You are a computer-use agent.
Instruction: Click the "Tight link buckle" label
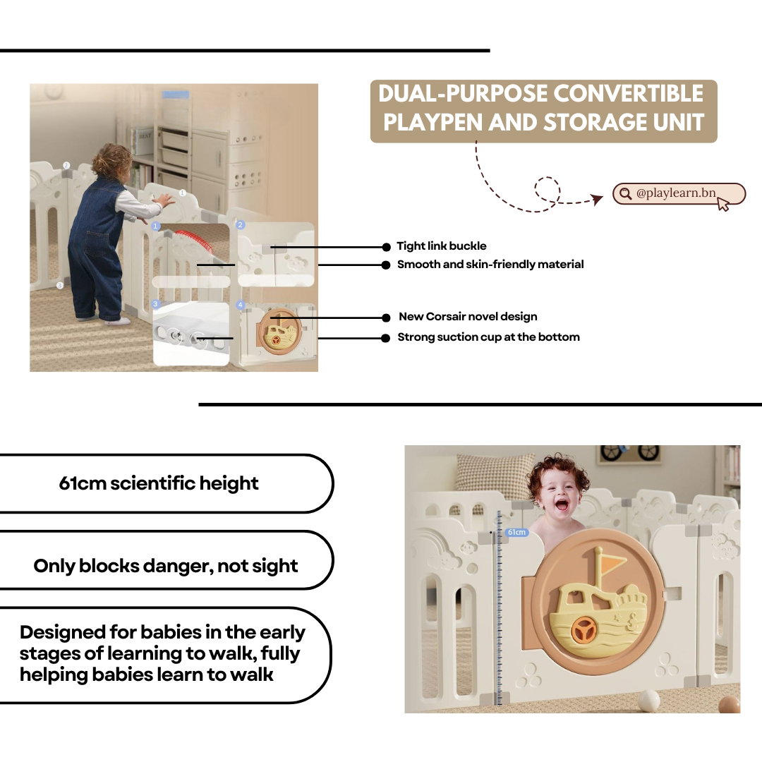click(441, 246)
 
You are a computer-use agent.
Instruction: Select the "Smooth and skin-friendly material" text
click(490, 265)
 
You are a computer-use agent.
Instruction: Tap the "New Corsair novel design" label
click(468, 317)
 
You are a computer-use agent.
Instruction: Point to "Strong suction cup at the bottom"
click(488, 337)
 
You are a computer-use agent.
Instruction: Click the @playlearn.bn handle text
click(675, 193)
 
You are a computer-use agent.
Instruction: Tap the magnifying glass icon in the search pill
click(625, 193)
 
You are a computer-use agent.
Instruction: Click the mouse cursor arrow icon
click(723, 204)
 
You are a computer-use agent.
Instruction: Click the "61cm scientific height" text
click(159, 483)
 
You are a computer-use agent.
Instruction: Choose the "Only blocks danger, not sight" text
click(166, 566)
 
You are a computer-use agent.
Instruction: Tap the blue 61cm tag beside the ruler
click(516, 532)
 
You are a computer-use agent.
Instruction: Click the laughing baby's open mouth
click(562, 505)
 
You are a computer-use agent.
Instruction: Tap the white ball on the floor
click(649, 701)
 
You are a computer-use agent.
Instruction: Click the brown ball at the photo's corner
click(729, 705)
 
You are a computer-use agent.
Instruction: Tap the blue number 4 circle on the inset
click(240, 305)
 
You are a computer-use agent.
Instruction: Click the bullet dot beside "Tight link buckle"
click(387, 248)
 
